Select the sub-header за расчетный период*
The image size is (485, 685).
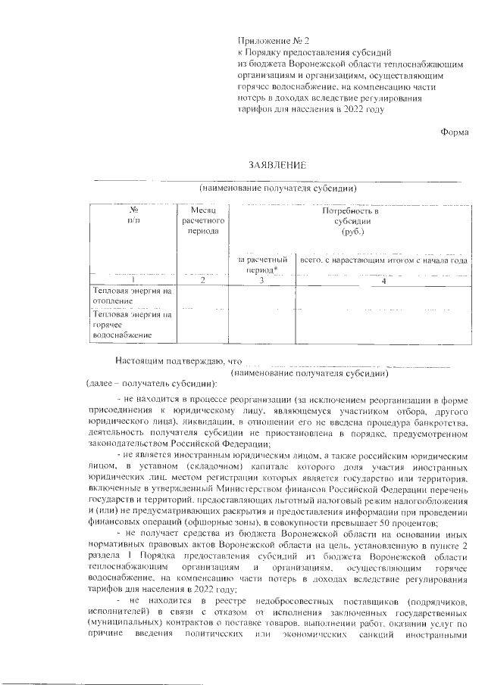click(261, 264)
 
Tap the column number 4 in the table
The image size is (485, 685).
click(384, 281)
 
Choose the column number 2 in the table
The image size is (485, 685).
click(202, 281)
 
